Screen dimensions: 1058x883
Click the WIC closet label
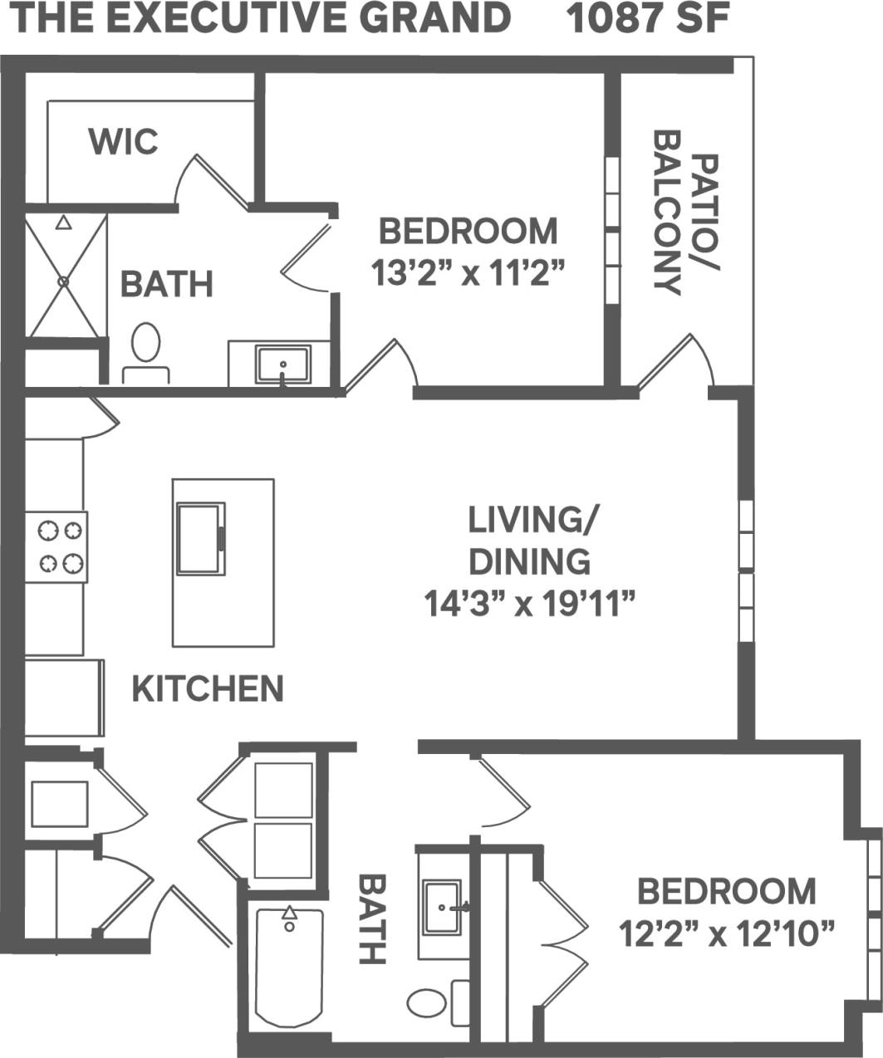(123, 141)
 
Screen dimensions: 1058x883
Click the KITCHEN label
(208, 688)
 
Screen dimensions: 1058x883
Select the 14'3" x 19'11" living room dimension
(530, 604)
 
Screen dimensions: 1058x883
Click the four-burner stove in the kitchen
(56, 546)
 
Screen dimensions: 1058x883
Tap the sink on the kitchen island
(200, 538)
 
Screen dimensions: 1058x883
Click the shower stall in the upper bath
(65, 276)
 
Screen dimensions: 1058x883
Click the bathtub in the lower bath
(288, 967)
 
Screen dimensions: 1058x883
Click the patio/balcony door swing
(677, 361)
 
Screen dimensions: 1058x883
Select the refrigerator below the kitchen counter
(63, 698)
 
